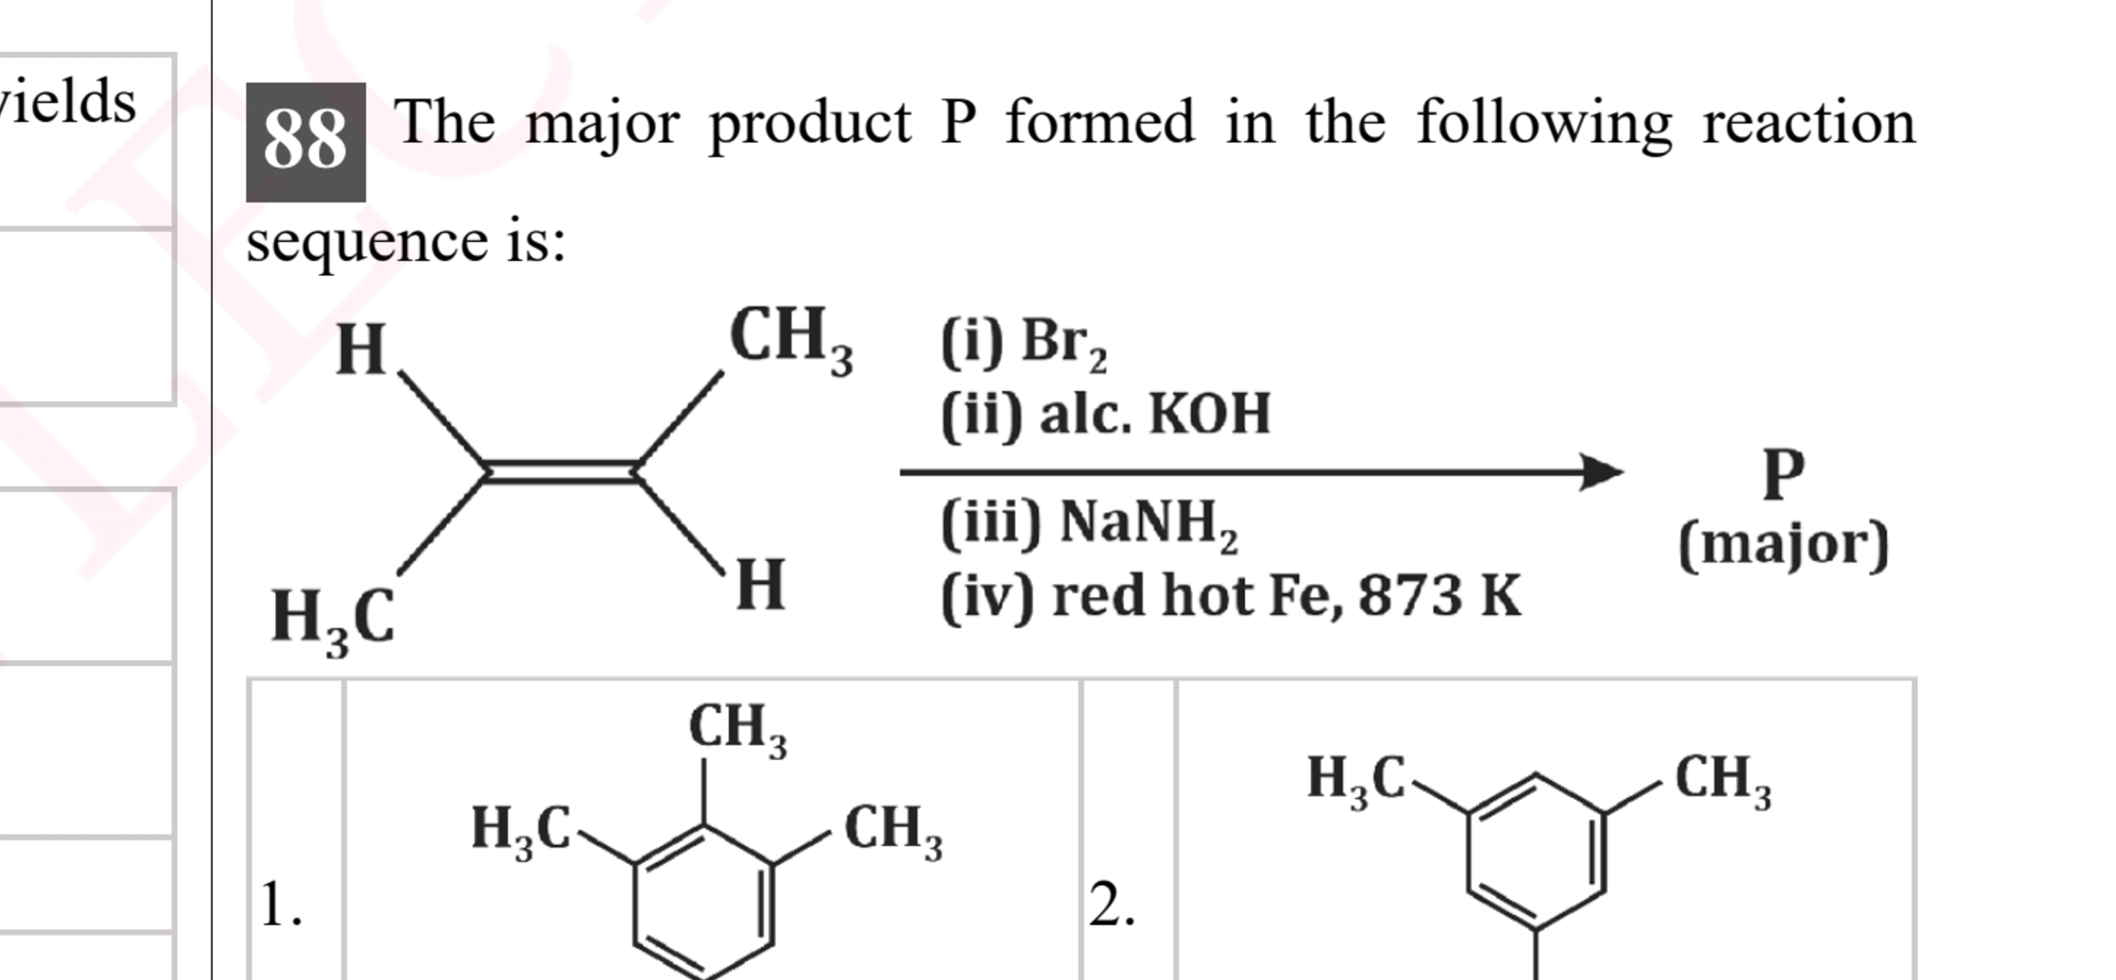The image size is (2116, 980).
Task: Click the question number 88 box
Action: click(x=306, y=141)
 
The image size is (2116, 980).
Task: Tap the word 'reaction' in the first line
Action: click(x=1808, y=123)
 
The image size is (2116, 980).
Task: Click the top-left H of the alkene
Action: click(x=360, y=350)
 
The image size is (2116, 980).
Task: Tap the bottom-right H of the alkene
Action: click(x=760, y=585)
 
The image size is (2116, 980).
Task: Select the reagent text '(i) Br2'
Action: click(x=1024, y=344)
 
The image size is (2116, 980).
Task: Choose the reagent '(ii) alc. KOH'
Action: click(x=1106, y=414)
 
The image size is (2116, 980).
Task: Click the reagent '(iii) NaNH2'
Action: click(x=1089, y=524)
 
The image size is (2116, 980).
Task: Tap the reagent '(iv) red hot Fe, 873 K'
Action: click(x=1231, y=595)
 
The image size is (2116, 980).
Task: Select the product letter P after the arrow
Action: click(x=1783, y=474)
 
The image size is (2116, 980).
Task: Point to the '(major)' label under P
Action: click(x=1783, y=545)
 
